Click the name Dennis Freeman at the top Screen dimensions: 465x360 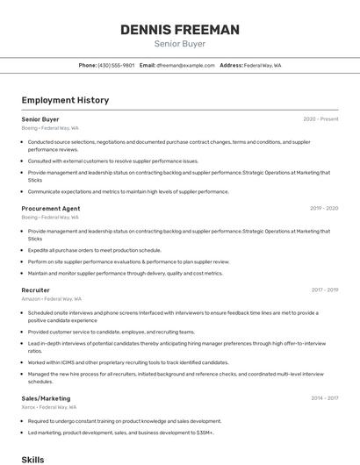tap(180, 30)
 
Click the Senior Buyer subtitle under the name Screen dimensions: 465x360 tap(180, 43)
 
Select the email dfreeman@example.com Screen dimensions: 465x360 tap(185, 65)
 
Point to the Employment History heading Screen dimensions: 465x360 tap(65, 100)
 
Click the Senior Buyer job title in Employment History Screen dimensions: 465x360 tap(40, 119)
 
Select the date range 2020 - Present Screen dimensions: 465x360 tap(320, 119)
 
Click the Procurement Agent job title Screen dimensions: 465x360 tap(51, 208)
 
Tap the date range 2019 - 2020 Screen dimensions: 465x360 tap(324, 209)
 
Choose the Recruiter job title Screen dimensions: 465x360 tap(36, 290)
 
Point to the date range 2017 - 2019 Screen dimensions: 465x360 tap(324, 290)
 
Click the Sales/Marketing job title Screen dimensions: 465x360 tap(45, 398)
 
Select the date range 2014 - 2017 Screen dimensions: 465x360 tap(324, 398)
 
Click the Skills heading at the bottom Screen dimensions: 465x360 tap(32, 459)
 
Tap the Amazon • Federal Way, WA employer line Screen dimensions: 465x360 tap(52, 298)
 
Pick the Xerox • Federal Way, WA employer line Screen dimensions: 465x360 tap(49, 407)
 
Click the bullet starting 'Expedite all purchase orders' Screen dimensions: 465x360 tap(94, 250)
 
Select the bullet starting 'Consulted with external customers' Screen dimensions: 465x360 tap(113, 161)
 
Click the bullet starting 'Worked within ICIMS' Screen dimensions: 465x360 tap(128, 362)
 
